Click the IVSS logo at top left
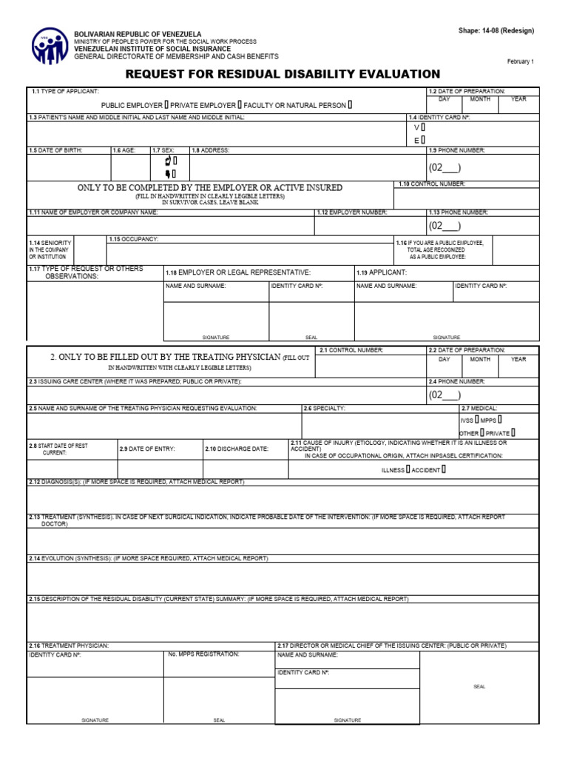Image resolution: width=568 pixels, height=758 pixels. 50,46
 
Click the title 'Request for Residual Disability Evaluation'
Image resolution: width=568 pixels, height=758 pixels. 283,74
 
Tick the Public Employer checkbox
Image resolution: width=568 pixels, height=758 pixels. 166,105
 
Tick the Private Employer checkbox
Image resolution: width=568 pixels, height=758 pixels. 240,105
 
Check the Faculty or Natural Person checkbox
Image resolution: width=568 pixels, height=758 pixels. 350,105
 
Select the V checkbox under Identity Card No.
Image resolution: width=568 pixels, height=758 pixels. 423,127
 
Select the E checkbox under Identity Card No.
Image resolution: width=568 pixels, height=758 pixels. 423,140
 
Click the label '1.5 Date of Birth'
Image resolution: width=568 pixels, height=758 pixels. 55,150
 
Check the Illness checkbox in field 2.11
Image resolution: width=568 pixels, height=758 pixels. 408,469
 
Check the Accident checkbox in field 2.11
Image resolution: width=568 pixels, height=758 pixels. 443,469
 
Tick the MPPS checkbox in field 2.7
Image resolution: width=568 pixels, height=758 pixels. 500,419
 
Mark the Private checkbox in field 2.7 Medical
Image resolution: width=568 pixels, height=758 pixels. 513,432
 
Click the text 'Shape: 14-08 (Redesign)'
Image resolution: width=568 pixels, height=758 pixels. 496,31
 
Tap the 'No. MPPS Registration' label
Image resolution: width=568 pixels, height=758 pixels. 203,654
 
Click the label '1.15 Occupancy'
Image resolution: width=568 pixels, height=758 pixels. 134,239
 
